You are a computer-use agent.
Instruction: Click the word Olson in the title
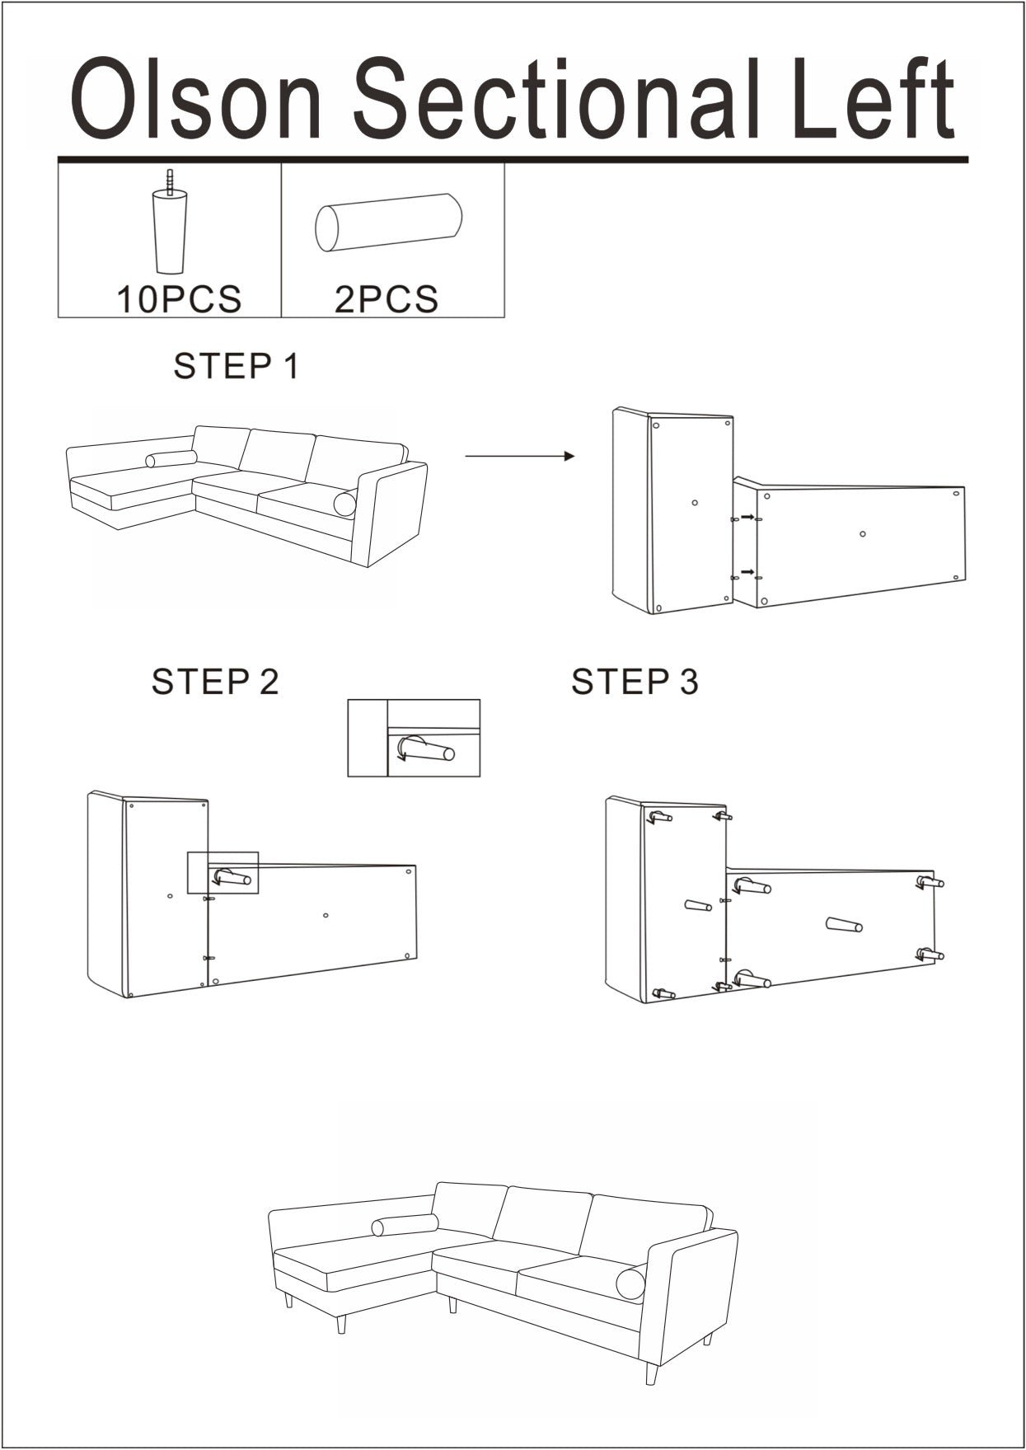pyautogui.click(x=196, y=101)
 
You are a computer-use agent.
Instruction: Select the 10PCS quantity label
pyautogui.click(x=179, y=299)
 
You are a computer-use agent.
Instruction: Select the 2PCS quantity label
pyautogui.click(x=387, y=299)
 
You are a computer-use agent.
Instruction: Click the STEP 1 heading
pyautogui.click(x=236, y=366)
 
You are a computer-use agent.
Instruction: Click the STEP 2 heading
pyautogui.click(x=215, y=682)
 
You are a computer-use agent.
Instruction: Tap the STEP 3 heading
pyautogui.click(x=635, y=682)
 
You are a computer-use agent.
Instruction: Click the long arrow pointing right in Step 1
pyautogui.click(x=520, y=456)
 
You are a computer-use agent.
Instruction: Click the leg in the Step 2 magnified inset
pyautogui.click(x=426, y=750)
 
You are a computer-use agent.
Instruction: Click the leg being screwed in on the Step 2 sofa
pyautogui.click(x=232, y=877)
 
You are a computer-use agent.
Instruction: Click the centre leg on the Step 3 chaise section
pyautogui.click(x=699, y=906)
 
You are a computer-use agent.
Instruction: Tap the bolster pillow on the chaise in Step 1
pyautogui.click(x=171, y=459)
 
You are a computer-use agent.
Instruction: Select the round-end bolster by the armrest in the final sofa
pyautogui.click(x=631, y=1284)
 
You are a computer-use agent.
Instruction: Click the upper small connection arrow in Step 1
pyautogui.click(x=747, y=517)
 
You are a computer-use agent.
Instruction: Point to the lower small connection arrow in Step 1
pyautogui.click(x=747, y=572)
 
